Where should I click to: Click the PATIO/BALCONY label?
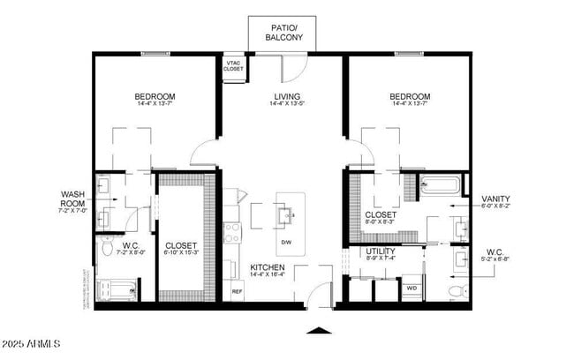(285, 33)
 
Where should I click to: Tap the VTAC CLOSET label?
(234, 66)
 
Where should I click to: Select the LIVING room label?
(286, 97)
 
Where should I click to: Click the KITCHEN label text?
(267, 267)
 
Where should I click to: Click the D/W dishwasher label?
(286, 242)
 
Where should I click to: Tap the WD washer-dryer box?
(412, 288)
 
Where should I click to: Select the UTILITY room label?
(381, 251)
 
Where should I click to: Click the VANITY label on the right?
(495, 199)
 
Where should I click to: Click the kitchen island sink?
(288, 214)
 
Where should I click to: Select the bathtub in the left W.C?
(117, 289)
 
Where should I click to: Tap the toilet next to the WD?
(456, 289)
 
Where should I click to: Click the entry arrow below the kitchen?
(320, 332)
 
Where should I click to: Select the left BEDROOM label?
(155, 97)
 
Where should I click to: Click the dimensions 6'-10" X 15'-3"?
(181, 252)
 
